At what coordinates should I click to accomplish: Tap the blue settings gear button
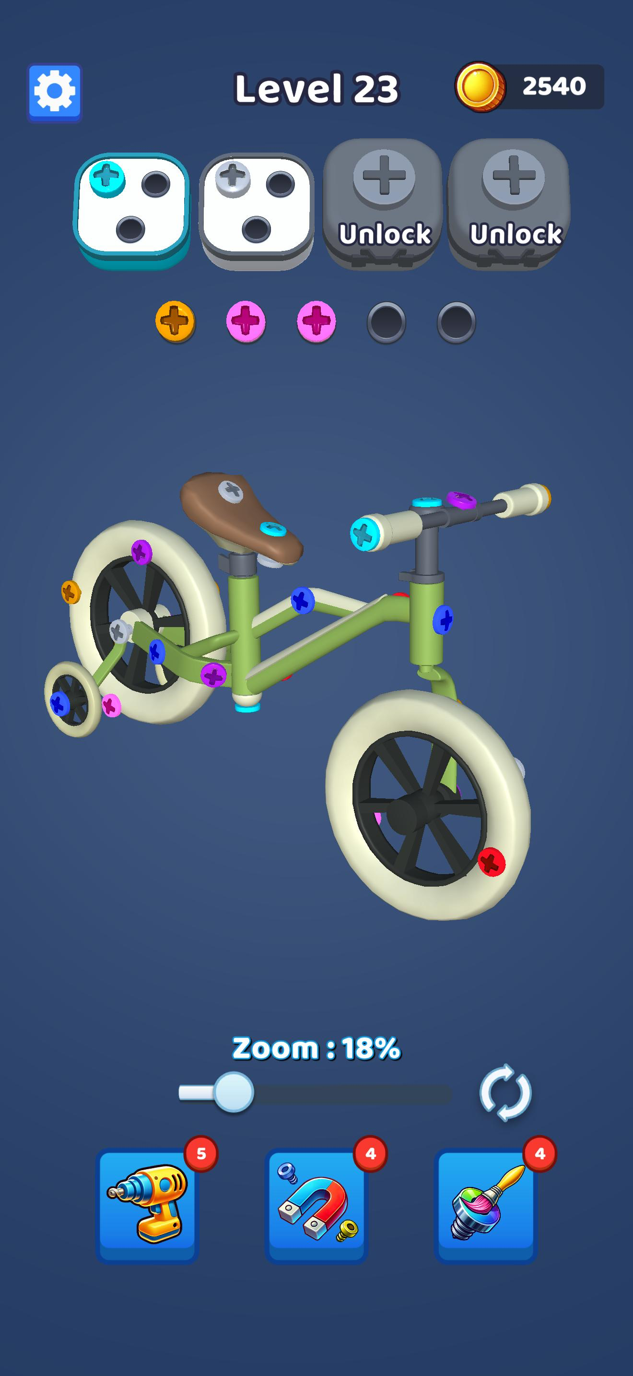[x=55, y=92]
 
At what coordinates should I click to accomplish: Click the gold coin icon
[x=480, y=86]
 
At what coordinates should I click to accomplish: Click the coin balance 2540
[x=554, y=86]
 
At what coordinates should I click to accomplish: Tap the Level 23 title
[x=316, y=88]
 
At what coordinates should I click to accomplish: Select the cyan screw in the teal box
[x=107, y=178]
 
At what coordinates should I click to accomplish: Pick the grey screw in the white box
[x=233, y=178]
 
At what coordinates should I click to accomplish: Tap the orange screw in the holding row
[x=175, y=321]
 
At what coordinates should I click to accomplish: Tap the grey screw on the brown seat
[x=231, y=490]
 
